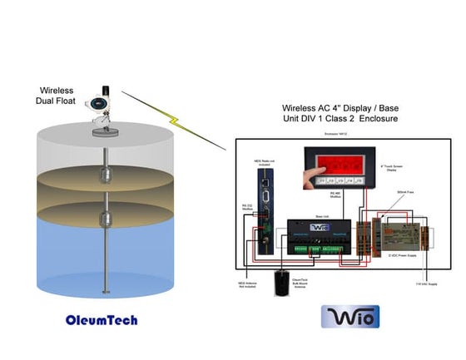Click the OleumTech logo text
(x=101, y=319)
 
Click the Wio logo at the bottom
(x=350, y=317)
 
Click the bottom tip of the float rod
(x=105, y=293)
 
